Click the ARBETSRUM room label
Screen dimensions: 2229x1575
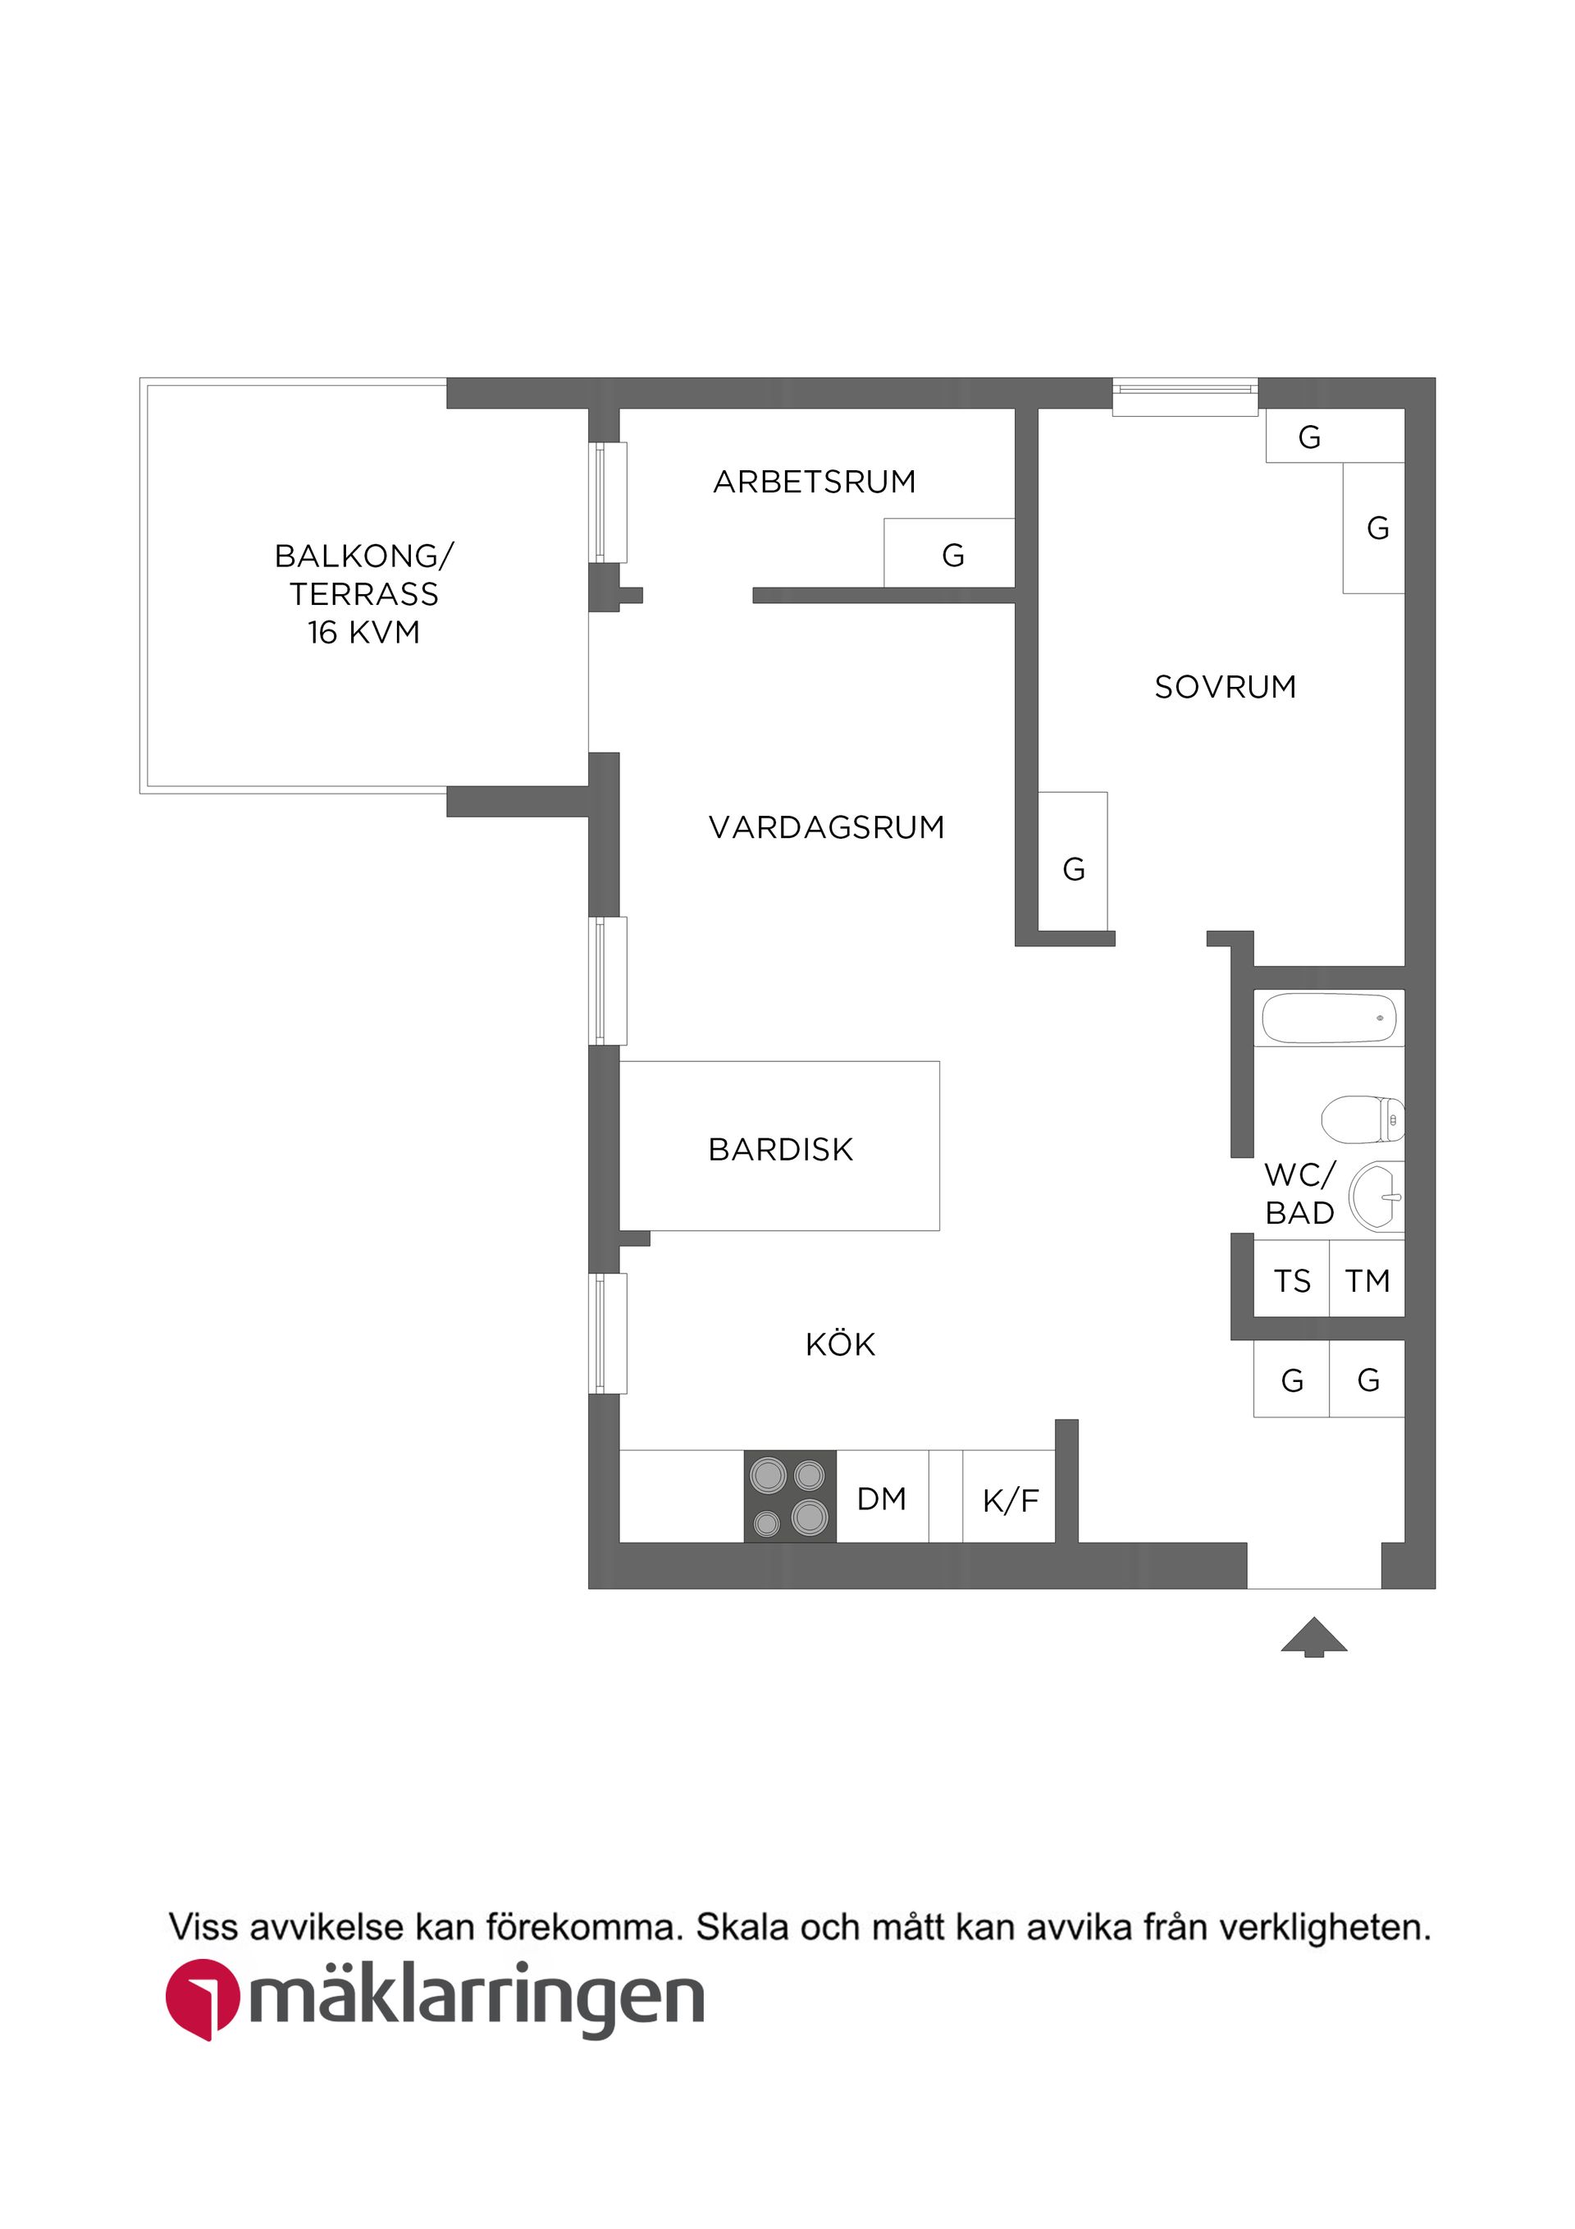click(x=815, y=482)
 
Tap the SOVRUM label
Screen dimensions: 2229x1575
click(x=1225, y=688)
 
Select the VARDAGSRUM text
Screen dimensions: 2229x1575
click(x=826, y=827)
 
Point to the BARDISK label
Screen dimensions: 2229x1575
click(x=780, y=1150)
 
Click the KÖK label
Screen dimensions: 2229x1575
click(x=840, y=1344)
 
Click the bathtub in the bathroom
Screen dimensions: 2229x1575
click(x=1329, y=1018)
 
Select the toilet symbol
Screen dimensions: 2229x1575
click(x=1363, y=1119)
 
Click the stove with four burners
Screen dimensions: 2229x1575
click(x=790, y=1496)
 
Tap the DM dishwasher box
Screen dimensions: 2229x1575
click(x=881, y=1499)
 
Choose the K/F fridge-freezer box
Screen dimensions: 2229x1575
click(x=1009, y=1501)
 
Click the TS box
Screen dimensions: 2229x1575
click(x=1292, y=1281)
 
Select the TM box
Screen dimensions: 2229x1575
click(x=1367, y=1281)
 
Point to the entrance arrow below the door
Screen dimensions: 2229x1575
click(x=1314, y=1636)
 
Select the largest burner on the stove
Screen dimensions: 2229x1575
click(x=810, y=1516)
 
